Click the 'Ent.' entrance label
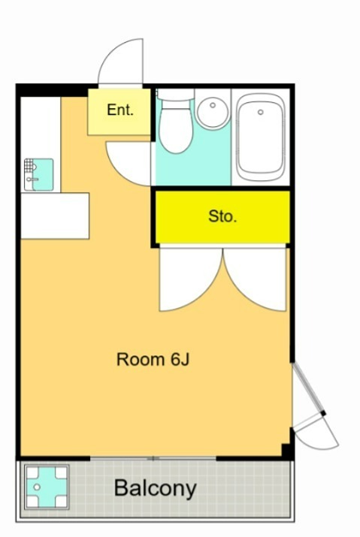(120, 110)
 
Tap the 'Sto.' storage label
(222, 216)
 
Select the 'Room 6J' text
(153, 359)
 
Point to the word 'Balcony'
(156, 488)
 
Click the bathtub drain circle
(261, 112)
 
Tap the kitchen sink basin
(43, 175)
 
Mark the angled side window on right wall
(308, 388)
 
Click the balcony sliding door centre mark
(153, 458)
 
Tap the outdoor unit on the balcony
(47, 487)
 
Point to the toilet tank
(176, 95)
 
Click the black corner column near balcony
(288, 451)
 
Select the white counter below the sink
(55, 216)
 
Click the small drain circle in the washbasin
(213, 105)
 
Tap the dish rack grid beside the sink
(29, 165)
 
